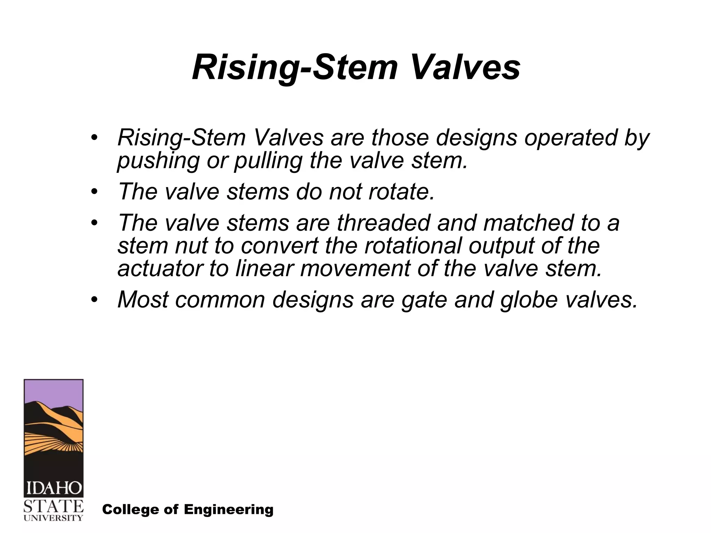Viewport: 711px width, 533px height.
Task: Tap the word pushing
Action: point(158,161)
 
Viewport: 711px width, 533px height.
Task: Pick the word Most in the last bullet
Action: point(143,299)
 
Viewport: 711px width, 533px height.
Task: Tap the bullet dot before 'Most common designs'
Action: point(94,299)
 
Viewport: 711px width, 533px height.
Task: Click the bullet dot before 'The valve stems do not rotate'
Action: point(94,192)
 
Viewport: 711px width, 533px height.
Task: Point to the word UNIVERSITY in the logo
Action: point(53,518)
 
